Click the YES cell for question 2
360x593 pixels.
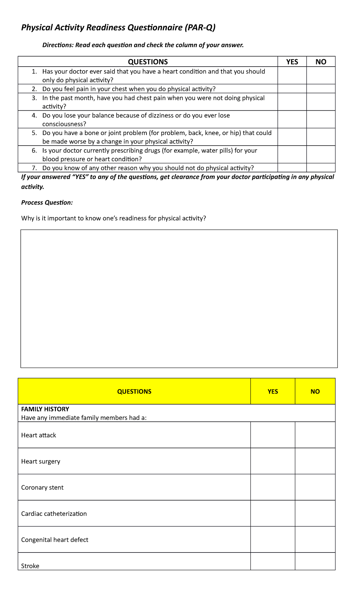[292, 89]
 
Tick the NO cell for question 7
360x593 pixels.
[321, 168]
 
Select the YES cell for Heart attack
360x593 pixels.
[273, 435]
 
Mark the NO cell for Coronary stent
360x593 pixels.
[315, 487]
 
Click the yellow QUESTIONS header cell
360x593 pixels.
[134, 391]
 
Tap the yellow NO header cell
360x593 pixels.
[315, 391]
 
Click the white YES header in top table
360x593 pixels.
[292, 62]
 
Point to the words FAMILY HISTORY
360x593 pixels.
[45, 409]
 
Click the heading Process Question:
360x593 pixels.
[47, 203]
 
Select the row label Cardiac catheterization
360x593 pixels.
[54, 513]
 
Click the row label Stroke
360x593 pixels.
[30, 566]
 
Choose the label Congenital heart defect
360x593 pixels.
[55, 540]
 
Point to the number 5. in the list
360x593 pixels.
[34, 133]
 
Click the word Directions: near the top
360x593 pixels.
[58, 45]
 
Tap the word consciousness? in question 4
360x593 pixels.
[64, 124]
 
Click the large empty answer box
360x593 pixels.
[179, 299]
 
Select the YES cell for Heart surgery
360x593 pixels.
[273, 461]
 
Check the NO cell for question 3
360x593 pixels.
[321, 102]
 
